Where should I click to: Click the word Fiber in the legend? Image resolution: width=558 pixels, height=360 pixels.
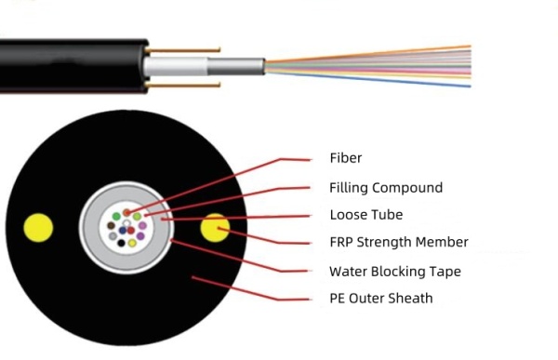point(346,157)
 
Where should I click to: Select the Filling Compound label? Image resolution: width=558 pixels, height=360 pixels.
point(385,187)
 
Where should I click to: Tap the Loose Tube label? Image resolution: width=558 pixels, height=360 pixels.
point(365,215)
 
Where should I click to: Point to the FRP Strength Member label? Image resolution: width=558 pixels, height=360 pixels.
point(398,243)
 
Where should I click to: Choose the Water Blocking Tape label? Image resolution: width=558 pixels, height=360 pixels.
point(394,272)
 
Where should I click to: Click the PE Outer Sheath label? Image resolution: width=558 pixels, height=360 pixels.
point(380,299)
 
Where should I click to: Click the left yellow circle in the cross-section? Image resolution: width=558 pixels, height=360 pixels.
point(38,227)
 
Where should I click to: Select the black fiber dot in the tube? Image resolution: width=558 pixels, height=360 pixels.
point(121,243)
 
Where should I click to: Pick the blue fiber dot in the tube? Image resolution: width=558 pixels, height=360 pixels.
point(123,230)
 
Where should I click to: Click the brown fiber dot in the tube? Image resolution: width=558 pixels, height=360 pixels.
point(111,225)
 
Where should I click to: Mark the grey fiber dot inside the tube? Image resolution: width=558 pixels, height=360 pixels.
point(113,236)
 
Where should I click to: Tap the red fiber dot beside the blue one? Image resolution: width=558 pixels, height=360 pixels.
point(131,230)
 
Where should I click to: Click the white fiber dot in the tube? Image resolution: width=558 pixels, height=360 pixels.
point(126,222)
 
